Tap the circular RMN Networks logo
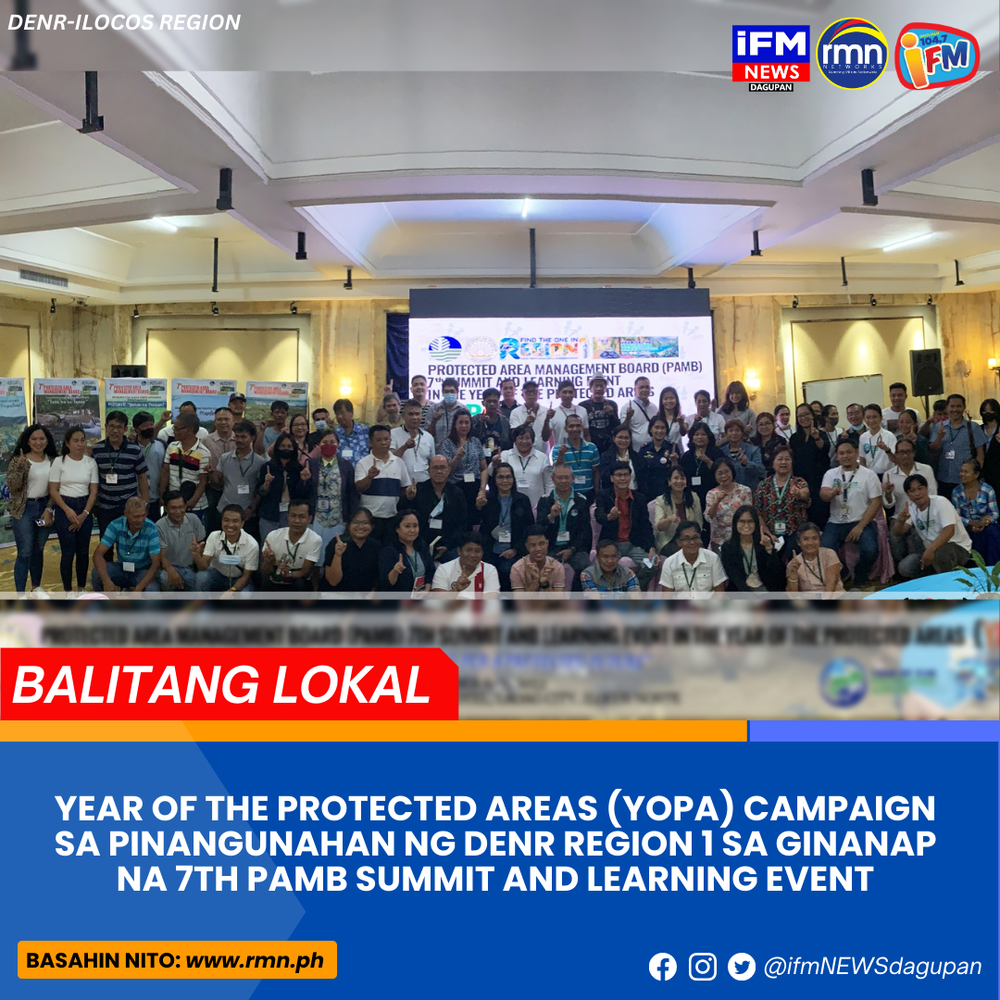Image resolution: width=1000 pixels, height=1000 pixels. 852,55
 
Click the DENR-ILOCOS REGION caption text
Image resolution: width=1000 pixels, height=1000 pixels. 124,22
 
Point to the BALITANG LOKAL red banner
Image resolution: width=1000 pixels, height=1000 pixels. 222,684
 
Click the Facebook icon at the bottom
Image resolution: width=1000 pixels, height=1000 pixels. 663,967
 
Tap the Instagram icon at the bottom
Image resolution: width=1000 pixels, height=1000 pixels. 703,967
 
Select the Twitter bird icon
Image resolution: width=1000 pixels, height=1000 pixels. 742,967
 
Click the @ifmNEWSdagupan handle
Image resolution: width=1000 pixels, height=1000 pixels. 872,967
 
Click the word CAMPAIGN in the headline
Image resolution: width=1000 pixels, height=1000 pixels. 841,808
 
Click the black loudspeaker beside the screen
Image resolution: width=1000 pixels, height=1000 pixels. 926,371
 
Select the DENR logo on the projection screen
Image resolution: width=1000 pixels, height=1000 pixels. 445,349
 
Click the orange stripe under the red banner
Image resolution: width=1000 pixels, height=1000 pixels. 370,731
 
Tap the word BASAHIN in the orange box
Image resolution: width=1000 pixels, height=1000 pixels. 67,960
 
